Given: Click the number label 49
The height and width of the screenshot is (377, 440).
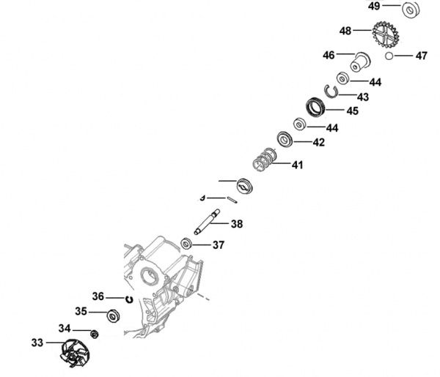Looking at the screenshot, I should click(374, 6).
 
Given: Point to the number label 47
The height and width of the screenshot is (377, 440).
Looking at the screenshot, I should click(421, 56).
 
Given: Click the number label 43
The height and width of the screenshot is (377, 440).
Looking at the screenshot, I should click(363, 97).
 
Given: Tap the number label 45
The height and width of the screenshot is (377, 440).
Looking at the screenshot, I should click(352, 111).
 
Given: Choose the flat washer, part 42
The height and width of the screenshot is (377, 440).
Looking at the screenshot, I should click(285, 138).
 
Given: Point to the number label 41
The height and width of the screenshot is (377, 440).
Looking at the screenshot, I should click(296, 165).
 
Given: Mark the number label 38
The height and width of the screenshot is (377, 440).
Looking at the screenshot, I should click(236, 224).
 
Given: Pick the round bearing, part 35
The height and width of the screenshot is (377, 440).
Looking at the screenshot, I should click(114, 316).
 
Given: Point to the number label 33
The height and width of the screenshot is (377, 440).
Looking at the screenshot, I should click(37, 343).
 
